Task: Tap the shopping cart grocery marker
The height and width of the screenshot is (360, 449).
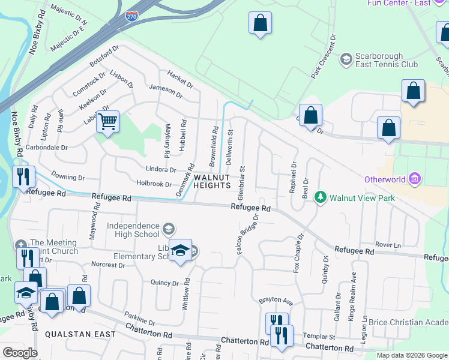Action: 108,122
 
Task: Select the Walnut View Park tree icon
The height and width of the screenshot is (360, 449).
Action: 321,197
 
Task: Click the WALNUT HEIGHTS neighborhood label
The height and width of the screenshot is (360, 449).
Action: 212,181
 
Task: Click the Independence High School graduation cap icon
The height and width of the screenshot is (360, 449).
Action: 169,227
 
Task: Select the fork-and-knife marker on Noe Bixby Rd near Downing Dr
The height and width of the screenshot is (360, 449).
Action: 24,176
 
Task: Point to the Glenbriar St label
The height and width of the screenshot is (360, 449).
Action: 242,184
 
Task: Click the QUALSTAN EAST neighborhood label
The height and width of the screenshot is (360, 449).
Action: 58,334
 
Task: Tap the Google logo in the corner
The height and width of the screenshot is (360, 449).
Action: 19,353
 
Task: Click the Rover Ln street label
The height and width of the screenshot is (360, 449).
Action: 388,245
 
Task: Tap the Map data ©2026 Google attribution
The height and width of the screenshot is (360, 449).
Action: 412,355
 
